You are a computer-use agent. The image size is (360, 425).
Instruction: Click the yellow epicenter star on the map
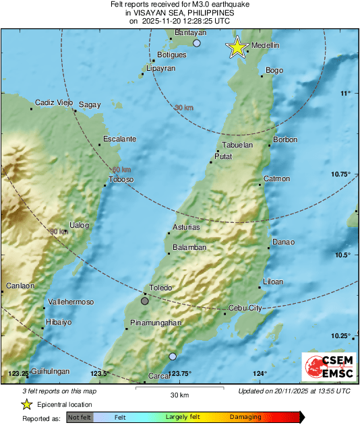(237, 46)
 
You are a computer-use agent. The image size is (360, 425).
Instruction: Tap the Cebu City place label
(245, 308)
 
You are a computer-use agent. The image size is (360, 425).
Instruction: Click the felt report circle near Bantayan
(197, 43)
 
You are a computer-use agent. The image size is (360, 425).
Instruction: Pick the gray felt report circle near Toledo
(145, 300)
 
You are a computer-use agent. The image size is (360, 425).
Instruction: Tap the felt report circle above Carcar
(173, 356)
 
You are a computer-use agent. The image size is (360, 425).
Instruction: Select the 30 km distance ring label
(184, 108)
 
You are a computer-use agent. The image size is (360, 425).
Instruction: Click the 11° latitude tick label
(345, 93)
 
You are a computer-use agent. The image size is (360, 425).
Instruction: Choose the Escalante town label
(119, 139)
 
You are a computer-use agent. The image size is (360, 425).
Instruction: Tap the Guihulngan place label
(51, 371)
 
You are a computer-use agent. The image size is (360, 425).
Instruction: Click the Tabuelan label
(238, 145)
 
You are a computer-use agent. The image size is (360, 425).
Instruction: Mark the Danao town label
(282, 242)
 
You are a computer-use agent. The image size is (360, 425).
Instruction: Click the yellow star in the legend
(26, 404)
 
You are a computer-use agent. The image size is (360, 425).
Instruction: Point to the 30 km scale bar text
(179, 394)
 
